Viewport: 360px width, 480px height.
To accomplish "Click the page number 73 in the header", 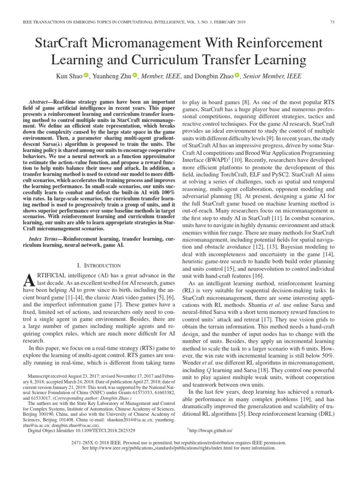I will coord(332,22).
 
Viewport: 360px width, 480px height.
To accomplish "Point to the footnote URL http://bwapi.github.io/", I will coord(212,429).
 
